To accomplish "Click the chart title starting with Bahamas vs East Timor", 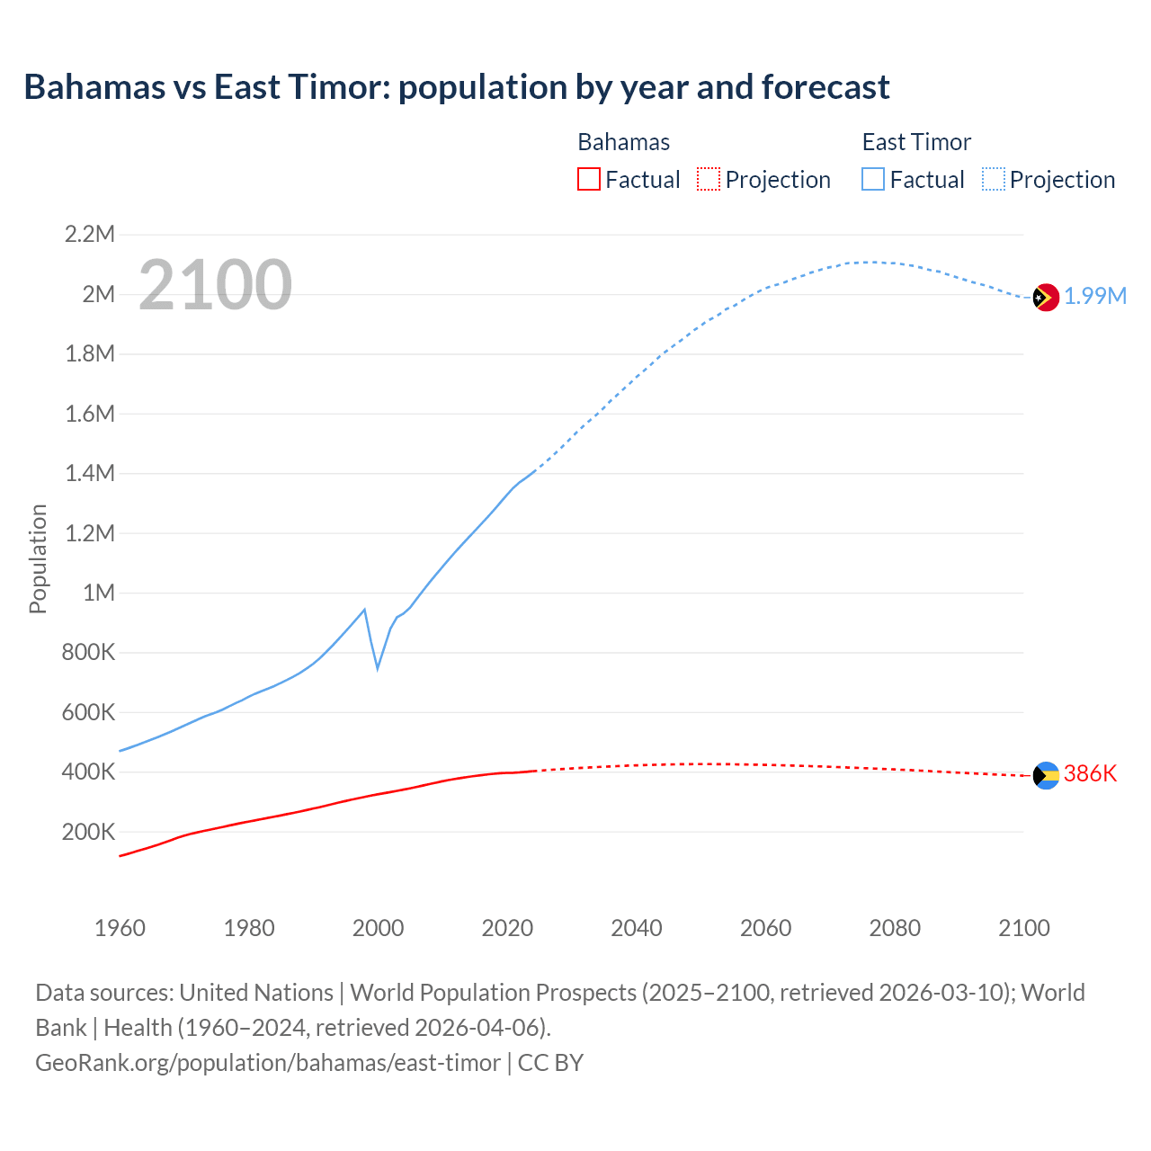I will tap(456, 87).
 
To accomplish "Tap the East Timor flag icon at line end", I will tap(1046, 297).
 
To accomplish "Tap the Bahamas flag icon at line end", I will tap(1046, 775).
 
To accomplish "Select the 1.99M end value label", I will tap(1095, 297).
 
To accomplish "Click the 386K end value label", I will tap(1090, 774).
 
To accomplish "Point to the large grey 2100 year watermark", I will tap(215, 285).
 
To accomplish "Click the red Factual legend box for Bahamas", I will tap(588, 179).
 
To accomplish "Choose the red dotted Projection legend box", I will tap(708, 179).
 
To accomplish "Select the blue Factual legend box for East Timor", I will tap(872, 179).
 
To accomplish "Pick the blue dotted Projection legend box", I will tap(993, 179).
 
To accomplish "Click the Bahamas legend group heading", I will tap(623, 142).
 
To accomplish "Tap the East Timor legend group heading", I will tap(916, 142).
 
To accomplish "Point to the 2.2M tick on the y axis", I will tap(90, 235).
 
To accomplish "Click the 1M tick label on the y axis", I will tap(98, 593).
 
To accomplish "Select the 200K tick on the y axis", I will tap(88, 832).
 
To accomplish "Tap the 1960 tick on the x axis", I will tap(120, 928).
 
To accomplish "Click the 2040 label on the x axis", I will tap(637, 928).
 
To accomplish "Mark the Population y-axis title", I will tap(38, 558).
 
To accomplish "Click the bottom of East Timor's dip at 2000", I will tap(378, 668).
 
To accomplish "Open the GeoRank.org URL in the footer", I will tap(267, 1063).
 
